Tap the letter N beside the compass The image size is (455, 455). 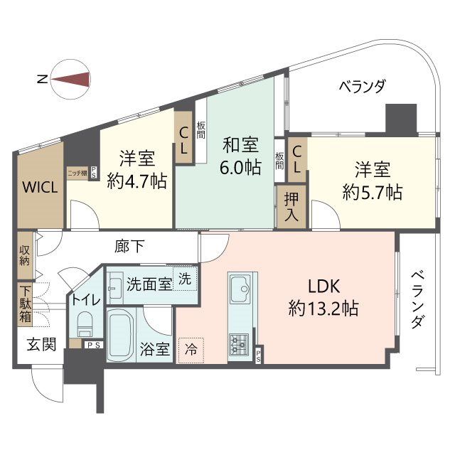pyautogui.click(x=43, y=80)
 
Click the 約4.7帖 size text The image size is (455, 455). pyautogui.click(x=136, y=181)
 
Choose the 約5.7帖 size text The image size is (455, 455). pyautogui.click(x=373, y=191)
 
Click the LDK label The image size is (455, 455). pyautogui.click(x=324, y=287)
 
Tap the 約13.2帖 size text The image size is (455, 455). pyautogui.click(x=323, y=309)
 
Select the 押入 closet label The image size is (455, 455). pyautogui.click(x=291, y=206)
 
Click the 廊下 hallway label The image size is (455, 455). pyautogui.click(x=129, y=247)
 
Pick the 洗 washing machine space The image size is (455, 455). pyautogui.click(x=184, y=279)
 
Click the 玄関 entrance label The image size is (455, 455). pyautogui.click(x=41, y=345)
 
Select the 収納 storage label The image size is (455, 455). pyautogui.click(x=25, y=256)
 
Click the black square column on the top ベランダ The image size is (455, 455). pyautogui.click(x=400, y=119)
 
